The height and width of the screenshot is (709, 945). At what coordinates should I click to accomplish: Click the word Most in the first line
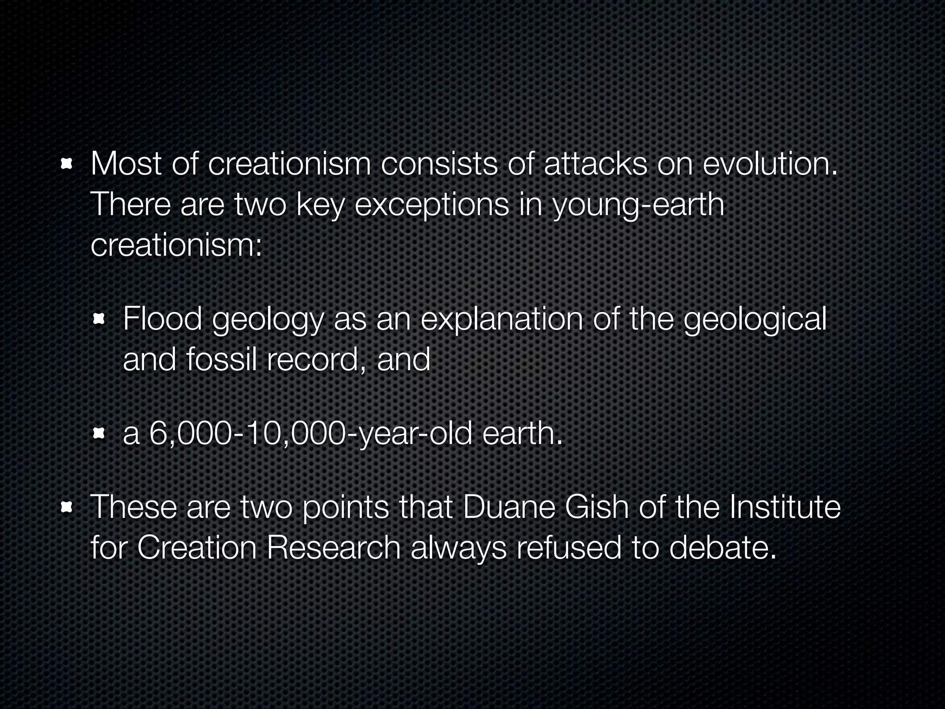coord(126,164)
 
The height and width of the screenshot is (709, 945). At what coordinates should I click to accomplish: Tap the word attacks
coord(595,164)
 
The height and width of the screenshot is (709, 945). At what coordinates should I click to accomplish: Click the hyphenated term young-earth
coord(639,205)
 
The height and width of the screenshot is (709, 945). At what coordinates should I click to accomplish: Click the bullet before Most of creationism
coord(67,164)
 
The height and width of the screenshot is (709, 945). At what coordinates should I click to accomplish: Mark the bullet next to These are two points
coord(67,508)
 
